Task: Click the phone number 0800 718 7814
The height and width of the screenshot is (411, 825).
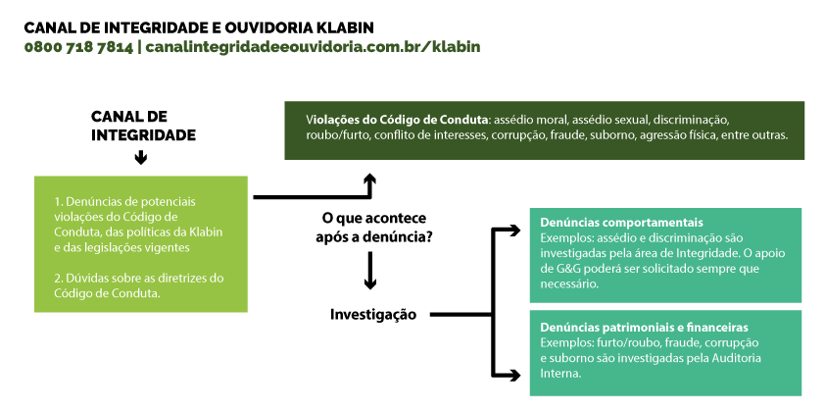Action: tap(78, 47)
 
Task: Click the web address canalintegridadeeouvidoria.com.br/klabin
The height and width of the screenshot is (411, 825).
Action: tap(314, 47)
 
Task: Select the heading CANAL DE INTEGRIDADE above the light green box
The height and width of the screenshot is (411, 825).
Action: tap(143, 126)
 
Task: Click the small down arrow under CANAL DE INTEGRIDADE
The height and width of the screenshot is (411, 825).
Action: tap(140, 158)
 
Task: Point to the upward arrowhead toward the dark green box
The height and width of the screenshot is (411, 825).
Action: tap(370, 180)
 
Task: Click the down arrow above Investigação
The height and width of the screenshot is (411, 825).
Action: tap(370, 271)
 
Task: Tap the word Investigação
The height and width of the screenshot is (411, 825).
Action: tap(373, 315)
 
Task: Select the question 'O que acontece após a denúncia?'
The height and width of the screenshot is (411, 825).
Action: tap(374, 228)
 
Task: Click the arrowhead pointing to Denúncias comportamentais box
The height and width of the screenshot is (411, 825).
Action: tap(514, 230)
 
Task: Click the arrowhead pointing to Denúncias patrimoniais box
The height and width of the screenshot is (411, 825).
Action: tap(514, 376)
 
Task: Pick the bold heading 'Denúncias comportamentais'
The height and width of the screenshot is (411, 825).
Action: tap(621, 223)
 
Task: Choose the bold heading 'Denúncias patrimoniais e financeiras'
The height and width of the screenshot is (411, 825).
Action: tap(644, 328)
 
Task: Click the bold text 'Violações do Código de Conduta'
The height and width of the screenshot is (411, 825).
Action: tap(398, 119)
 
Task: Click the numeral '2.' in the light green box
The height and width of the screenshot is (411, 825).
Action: tap(59, 279)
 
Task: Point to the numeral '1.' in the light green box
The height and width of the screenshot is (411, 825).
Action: tap(59, 202)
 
